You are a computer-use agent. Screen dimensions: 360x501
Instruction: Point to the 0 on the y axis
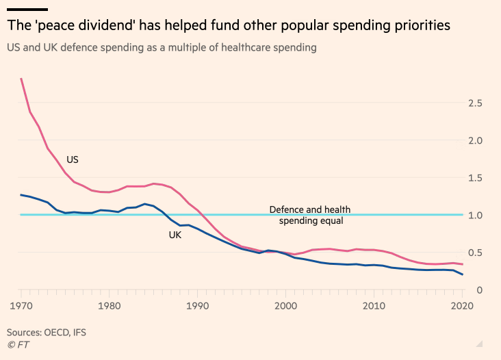click(x=480, y=290)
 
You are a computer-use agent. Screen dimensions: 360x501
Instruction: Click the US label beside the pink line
click(x=73, y=159)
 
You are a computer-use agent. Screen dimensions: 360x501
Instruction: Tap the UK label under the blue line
click(x=176, y=235)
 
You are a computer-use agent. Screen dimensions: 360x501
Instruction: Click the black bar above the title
click(x=27, y=9)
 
